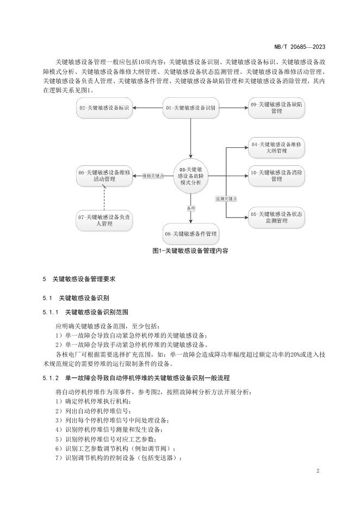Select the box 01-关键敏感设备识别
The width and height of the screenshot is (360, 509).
point(191,108)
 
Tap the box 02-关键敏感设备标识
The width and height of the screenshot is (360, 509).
point(104,108)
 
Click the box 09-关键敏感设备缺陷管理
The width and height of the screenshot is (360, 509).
point(276,108)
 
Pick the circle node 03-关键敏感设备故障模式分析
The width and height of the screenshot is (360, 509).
point(190,176)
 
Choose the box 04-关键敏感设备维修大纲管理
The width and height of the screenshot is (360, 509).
point(276,148)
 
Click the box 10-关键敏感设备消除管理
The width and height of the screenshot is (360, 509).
point(276,176)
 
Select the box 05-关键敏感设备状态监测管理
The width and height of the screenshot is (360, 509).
point(276,218)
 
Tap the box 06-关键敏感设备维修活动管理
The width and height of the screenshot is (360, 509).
point(104,176)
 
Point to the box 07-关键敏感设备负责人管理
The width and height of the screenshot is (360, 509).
point(104,220)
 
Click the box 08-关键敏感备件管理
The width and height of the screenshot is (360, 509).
point(191,234)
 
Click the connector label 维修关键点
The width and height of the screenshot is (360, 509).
point(153,176)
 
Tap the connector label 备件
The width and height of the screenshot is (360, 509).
point(191,208)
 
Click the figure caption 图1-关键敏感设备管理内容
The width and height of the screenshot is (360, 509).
point(190,251)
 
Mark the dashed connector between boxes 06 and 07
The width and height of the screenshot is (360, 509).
point(104,198)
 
